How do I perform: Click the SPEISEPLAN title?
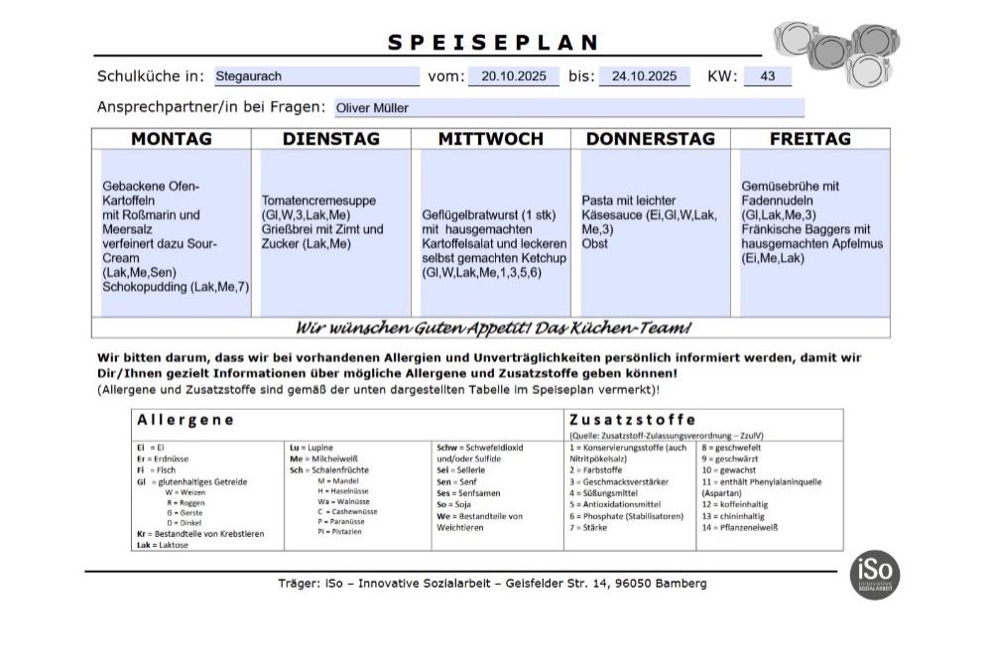pyautogui.click(x=493, y=43)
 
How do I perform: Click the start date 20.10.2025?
pyautogui.click(x=513, y=76)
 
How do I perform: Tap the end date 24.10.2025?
pyautogui.click(x=644, y=76)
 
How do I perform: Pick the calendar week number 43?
pyautogui.click(x=768, y=76)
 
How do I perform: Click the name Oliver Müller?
pyautogui.click(x=372, y=108)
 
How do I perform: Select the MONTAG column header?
pyautogui.click(x=172, y=139)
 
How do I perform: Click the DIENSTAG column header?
pyautogui.click(x=331, y=139)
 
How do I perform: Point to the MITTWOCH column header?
pyautogui.click(x=490, y=139)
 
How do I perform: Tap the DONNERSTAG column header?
pyautogui.click(x=650, y=139)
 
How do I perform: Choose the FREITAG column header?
pyautogui.click(x=809, y=139)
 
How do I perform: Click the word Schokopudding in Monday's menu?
pyautogui.click(x=145, y=287)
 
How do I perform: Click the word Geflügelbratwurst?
pyautogui.click(x=472, y=215)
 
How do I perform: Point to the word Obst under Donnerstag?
pyautogui.click(x=594, y=243)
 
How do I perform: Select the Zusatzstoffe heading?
pyautogui.click(x=631, y=420)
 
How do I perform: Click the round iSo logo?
pyautogui.click(x=874, y=575)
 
